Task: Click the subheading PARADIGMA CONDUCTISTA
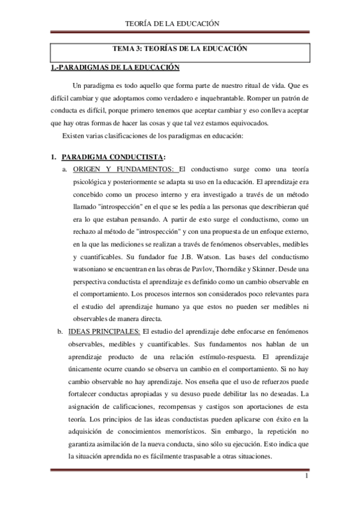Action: [108, 158]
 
